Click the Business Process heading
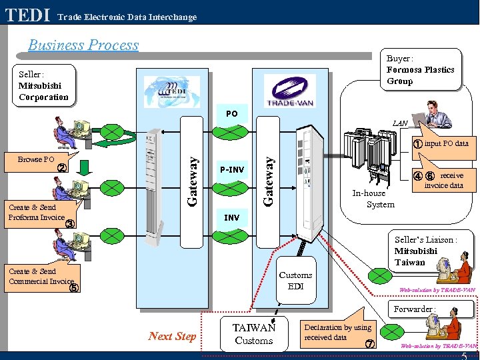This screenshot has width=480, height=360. pos(83,45)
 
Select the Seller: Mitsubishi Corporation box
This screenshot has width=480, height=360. pos(43,85)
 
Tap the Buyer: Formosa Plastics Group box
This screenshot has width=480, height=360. pos(420,69)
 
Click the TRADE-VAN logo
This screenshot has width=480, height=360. pos(289,90)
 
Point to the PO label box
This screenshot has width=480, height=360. pos(231,114)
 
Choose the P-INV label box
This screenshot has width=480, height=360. pos(231,170)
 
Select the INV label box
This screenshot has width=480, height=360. pos(231,218)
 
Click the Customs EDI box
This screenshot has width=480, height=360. pos(295,281)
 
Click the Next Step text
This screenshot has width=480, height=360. pos(172,336)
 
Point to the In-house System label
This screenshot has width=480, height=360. pos(373,199)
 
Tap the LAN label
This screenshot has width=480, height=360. pos(400,123)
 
